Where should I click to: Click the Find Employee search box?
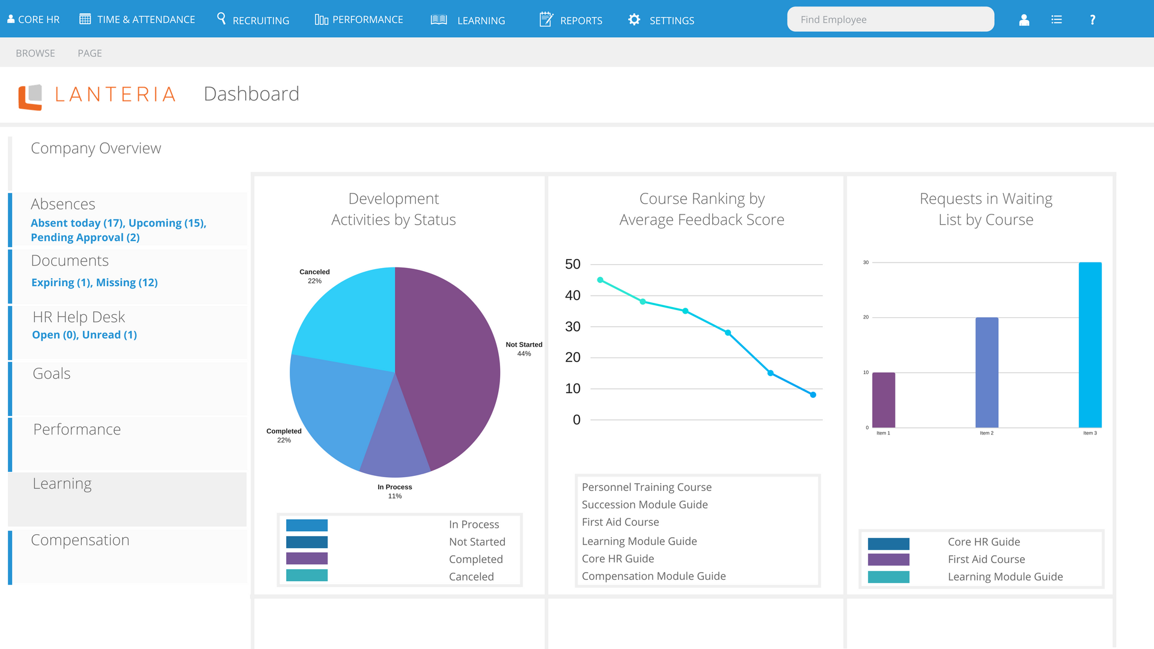pos(890,19)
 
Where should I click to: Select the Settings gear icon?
pos(634,20)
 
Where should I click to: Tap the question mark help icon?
pos(1092,20)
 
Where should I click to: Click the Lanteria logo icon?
pos(30,97)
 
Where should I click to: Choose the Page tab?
pos(90,53)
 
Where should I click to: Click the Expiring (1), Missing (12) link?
pos(94,282)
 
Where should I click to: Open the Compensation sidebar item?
pos(80,540)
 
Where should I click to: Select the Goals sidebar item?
pos(52,373)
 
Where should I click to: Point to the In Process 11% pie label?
pos(395,492)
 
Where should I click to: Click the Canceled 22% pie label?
pos(314,276)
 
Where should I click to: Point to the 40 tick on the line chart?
pos(573,295)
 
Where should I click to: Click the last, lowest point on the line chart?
pos(813,395)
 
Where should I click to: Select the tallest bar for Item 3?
pos(1090,345)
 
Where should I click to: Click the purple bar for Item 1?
pos(884,400)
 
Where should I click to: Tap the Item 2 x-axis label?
pos(986,433)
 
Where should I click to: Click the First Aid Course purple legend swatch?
pos(888,559)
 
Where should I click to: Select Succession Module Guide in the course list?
pos(644,505)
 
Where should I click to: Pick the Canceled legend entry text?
pos(471,576)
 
